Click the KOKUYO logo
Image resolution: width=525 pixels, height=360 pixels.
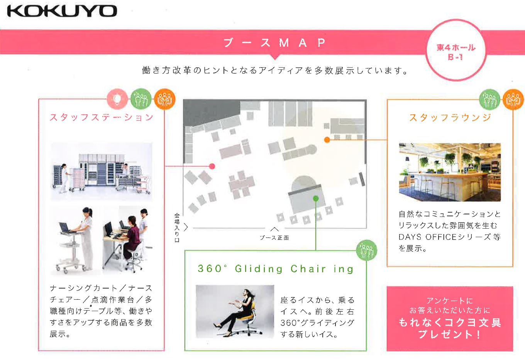point(62,11)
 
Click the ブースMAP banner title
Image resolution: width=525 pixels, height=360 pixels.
point(275,43)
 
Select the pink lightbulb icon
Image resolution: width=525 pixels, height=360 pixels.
point(117,99)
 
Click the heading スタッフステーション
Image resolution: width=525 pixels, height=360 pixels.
point(102,117)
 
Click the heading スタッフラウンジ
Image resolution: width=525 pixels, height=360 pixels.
point(450,117)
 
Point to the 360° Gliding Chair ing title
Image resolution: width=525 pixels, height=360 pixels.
point(275,269)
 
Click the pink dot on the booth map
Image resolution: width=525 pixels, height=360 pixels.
point(212,166)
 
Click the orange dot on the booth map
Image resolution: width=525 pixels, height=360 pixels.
point(327,140)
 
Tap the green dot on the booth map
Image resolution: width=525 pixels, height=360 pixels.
point(316,199)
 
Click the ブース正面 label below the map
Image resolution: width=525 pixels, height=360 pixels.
point(274,238)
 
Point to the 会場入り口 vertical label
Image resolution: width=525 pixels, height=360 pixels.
point(177,228)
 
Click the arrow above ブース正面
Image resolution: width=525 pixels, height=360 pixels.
point(274,229)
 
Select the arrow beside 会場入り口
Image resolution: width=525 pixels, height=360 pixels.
point(186,227)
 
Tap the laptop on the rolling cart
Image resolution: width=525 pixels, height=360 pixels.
point(65,227)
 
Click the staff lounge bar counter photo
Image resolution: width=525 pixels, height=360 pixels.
point(450,172)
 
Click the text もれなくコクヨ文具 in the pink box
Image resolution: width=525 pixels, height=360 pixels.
point(450,323)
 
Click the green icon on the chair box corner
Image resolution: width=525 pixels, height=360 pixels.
point(367,250)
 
